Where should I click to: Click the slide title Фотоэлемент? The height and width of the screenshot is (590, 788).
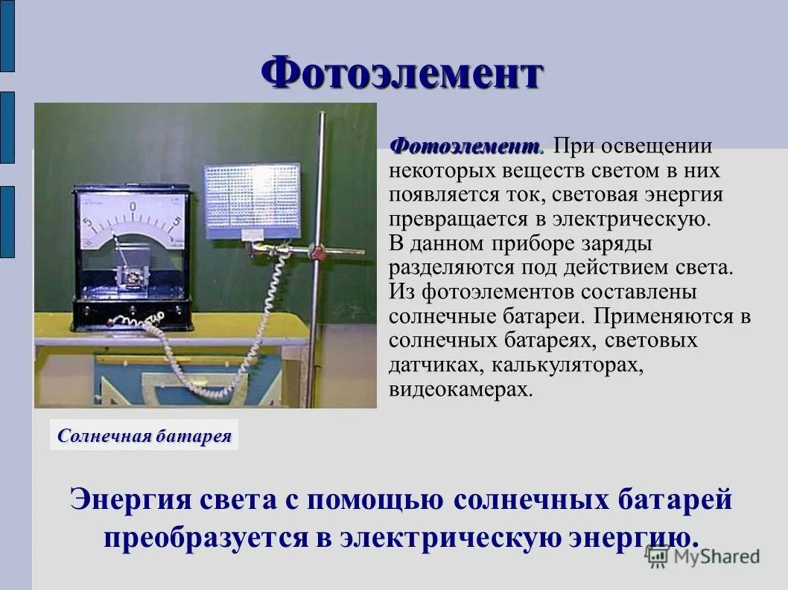(402, 74)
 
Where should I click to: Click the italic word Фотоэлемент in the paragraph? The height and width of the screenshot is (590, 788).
(466, 146)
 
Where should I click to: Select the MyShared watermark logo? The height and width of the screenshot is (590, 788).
(703, 556)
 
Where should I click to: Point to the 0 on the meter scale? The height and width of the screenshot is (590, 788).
(133, 206)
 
